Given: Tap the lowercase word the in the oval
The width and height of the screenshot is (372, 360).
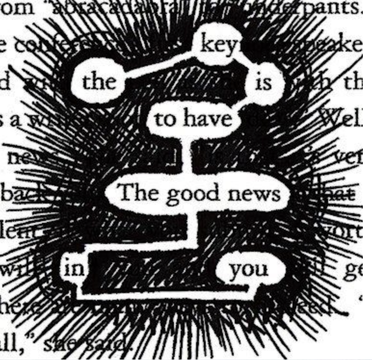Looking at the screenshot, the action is point(99,83).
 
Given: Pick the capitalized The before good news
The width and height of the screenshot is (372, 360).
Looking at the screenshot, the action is point(137,193).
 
